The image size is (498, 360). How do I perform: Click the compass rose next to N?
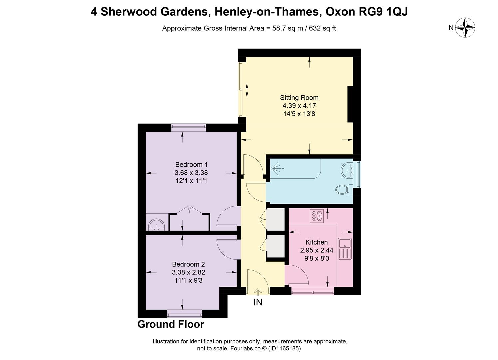pyautogui.click(x=465, y=27)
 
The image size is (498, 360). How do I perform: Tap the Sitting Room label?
pyautogui.click(x=299, y=98)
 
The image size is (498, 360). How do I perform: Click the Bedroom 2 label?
pyautogui.click(x=188, y=264)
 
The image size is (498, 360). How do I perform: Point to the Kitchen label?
pyautogui.click(x=316, y=242)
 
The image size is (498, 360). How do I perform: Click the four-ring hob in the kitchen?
pyautogui.click(x=316, y=216)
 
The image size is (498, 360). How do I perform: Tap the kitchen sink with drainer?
pyautogui.click(x=345, y=249)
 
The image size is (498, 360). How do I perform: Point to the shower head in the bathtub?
pyautogui.click(x=276, y=169)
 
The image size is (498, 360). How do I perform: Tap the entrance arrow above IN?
pyautogui.click(x=258, y=292)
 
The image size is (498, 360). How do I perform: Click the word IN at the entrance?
pyautogui.click(x=258, y=302)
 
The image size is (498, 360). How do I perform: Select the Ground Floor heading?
pyautogui.click(x=171, y=324)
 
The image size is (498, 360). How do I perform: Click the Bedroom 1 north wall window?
pyautogui.click(x=188, y=126)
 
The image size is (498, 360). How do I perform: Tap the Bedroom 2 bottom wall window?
pyautogui.click(x=185, y=314)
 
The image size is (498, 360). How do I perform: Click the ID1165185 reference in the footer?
pyautogui.click(x=285, y=348)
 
